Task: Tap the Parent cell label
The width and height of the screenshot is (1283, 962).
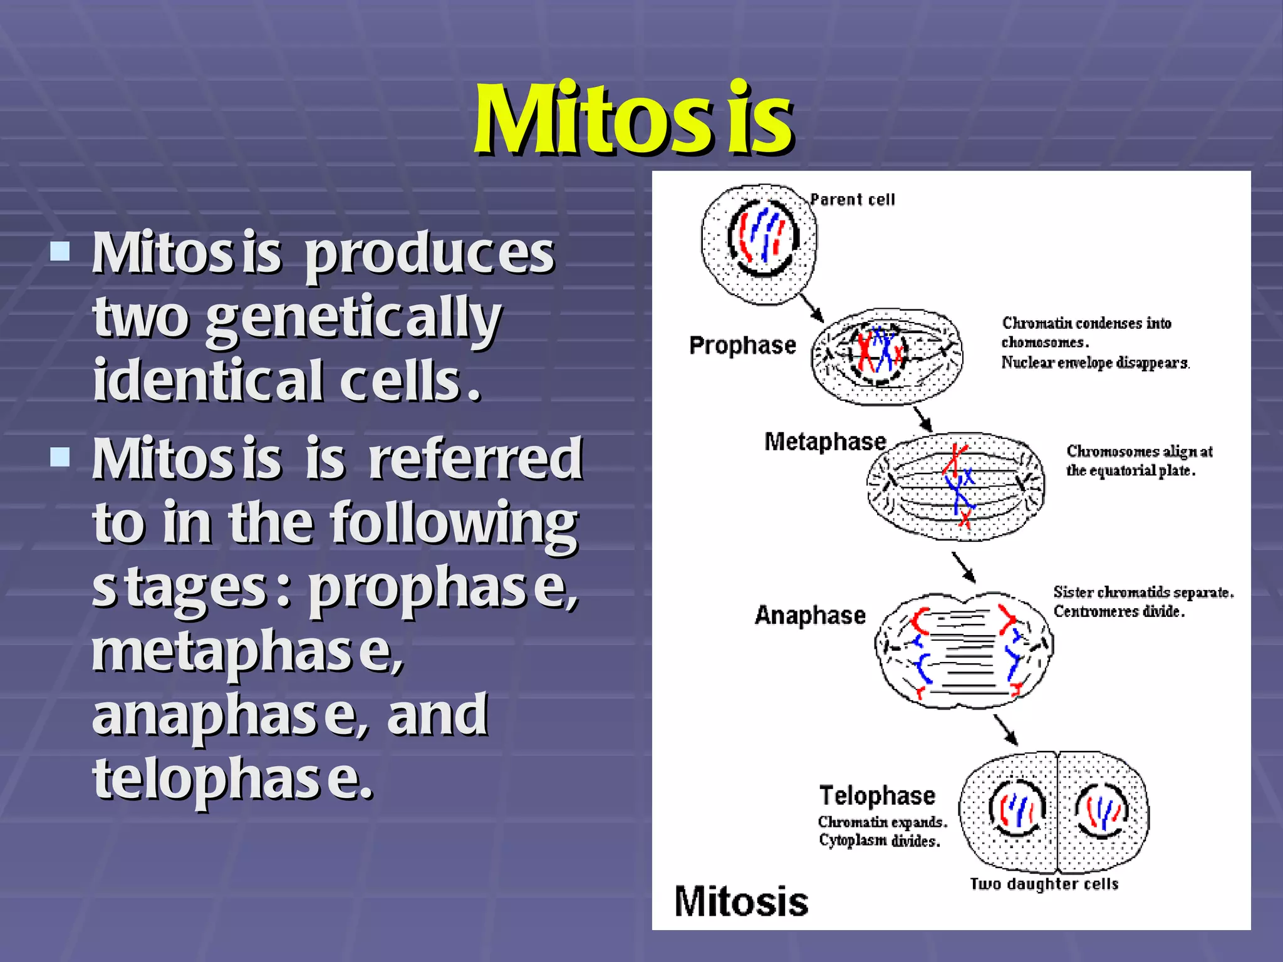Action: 852,200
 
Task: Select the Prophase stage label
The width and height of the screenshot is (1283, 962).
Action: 742,345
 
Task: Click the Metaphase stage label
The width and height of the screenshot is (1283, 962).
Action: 825,442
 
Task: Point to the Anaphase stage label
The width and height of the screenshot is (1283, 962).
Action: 810,615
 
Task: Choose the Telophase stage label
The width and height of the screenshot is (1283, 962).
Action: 877,795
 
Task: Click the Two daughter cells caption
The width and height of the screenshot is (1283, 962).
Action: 1044,884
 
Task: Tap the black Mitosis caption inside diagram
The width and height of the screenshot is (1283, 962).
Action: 741,902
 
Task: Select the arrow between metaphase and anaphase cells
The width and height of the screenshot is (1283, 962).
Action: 964,567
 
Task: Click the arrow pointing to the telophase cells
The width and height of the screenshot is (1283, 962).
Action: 1005,730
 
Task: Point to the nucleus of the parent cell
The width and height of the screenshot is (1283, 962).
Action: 762,238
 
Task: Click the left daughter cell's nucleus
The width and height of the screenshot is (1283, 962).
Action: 1017,809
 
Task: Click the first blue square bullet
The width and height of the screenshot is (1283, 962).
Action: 60,252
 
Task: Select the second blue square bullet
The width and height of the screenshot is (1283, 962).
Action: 60,457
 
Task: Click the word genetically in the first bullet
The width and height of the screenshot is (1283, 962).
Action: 353,318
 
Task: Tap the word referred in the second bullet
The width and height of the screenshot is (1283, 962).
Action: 475,459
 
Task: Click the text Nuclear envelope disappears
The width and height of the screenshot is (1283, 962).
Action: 1095,363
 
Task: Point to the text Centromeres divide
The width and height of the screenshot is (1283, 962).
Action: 1119,611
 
